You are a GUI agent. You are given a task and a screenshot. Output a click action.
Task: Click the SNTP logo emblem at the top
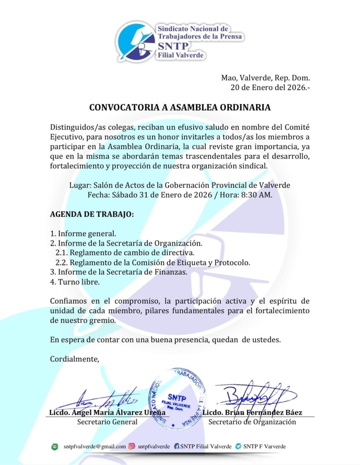136,41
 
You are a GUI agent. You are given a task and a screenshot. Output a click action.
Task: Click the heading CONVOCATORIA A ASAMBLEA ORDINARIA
180,108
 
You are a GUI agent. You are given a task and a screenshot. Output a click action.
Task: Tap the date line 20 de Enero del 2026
270,88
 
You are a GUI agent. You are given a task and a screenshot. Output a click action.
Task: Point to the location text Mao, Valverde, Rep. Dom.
265,78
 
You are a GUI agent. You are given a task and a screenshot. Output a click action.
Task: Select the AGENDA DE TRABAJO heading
92,214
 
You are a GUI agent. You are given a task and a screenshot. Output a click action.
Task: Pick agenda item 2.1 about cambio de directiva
125,252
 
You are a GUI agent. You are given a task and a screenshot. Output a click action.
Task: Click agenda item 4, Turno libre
74,282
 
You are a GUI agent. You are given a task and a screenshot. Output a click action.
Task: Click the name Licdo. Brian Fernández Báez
252,413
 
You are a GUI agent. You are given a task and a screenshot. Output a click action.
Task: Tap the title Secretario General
107,422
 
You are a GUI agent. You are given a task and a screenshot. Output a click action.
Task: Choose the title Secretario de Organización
252,422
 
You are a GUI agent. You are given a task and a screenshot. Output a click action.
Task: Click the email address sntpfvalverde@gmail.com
94,446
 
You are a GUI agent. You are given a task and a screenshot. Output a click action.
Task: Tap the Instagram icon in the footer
132,446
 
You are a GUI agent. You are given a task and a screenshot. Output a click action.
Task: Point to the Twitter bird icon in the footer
238,446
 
